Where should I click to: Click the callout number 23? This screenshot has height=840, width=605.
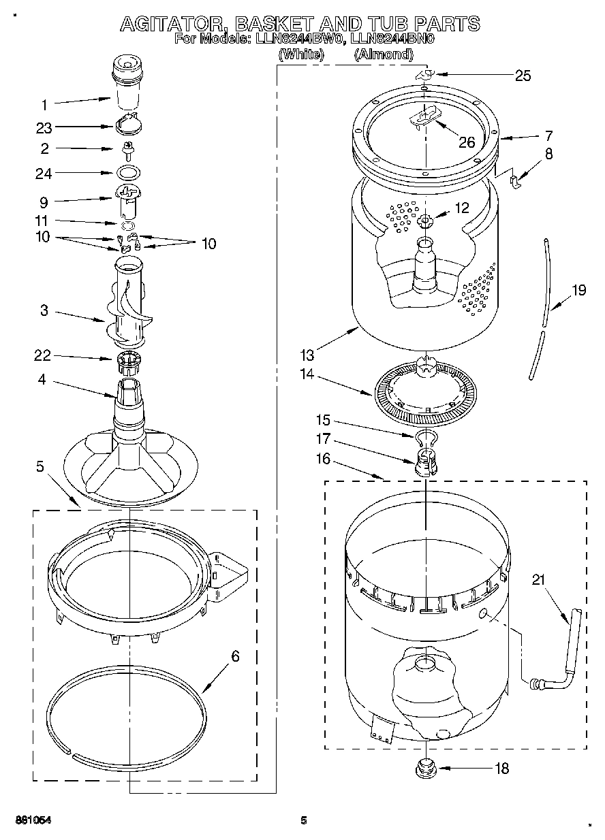44,127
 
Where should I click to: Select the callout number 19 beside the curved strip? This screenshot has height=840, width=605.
578,291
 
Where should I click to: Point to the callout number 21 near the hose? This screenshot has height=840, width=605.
540,579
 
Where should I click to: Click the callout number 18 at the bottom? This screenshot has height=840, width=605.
501,769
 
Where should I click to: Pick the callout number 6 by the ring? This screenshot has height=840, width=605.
235,656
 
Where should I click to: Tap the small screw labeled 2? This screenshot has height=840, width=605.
126,148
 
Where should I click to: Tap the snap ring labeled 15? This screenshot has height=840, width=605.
424,436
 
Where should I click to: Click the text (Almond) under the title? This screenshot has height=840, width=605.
384,54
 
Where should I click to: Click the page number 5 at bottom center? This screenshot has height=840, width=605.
304,820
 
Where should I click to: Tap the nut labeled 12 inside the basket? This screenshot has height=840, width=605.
424,220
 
